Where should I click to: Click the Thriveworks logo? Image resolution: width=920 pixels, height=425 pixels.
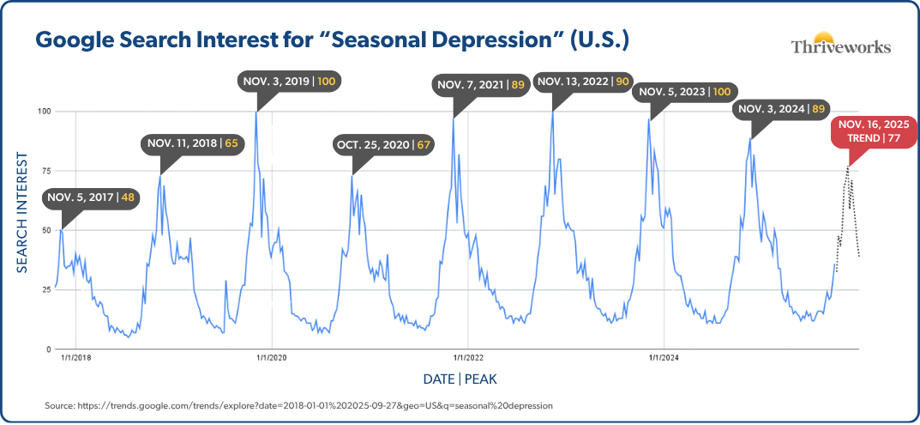click(839, 43)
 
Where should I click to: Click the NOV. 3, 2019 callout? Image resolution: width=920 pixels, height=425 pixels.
click(290, 82)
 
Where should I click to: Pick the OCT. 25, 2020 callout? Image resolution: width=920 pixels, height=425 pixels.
click(383, 144)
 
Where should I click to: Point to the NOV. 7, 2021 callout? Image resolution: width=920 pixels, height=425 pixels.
click(481, 85)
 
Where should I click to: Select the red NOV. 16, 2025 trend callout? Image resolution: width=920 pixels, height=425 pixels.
click(873, 131)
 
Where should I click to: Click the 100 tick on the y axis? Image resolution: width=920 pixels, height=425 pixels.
click(43, 112)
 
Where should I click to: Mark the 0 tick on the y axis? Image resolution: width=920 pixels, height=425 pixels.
click(48, 349)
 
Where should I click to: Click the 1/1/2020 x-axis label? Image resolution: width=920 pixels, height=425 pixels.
click(271, 358)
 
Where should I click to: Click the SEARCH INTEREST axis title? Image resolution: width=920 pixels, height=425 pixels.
click(23, 214)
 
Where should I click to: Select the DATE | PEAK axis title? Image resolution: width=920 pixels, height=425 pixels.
click(460, 379)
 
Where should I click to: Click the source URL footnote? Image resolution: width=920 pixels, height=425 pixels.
click(298, 404)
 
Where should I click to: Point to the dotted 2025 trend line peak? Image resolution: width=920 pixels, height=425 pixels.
click(849, 168)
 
